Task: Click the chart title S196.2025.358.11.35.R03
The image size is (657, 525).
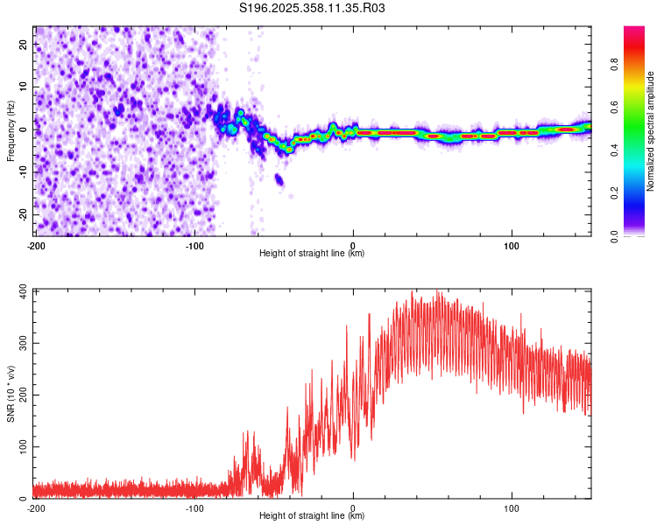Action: [313, 8]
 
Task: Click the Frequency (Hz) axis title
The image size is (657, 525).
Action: [11, 131]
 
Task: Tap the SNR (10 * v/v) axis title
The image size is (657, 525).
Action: [11, 394]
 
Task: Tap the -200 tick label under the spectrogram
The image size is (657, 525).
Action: [36, 244]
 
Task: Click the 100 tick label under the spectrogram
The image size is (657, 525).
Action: [512, 244]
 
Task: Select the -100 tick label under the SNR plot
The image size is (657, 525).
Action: [194, 507]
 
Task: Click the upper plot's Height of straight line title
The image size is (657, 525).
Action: [312, 254]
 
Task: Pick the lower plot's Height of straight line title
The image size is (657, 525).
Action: [312, 516]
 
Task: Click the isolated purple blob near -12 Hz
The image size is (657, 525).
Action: [279, 179]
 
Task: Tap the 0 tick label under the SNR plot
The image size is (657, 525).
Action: [353, 507]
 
